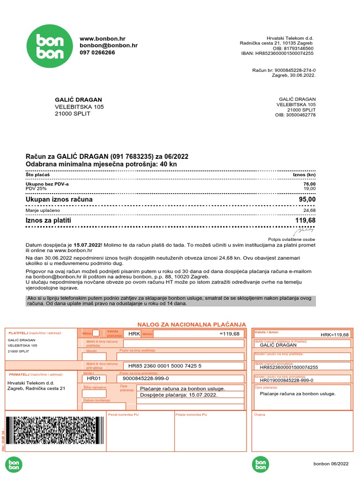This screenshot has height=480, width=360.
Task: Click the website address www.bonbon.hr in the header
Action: (x=102, y=38)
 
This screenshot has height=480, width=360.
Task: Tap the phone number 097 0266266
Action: (x=97, y=52)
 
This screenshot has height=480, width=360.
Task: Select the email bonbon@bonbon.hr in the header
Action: (x=108, y=45)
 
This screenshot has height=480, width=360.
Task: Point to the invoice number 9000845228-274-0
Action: (x=295, y=70)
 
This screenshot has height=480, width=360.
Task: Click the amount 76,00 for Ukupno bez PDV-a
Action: (x=309, y=184)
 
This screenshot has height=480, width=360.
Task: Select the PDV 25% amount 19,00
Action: (x=309, y=189)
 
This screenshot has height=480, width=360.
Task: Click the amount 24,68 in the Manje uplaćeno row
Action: (x=309, y=210)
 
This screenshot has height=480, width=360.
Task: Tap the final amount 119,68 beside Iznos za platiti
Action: (x=305, y=220)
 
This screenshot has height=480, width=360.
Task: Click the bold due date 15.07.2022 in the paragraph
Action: (x=88, y=245)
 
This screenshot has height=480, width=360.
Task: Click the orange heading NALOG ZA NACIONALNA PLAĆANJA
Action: (x=191, y=324)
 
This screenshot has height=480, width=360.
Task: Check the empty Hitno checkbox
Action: (x=96, y=333)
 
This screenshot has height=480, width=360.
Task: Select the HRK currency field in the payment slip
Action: (x=131, y=334)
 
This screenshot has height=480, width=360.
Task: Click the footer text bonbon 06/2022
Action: (x=331, y=464)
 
